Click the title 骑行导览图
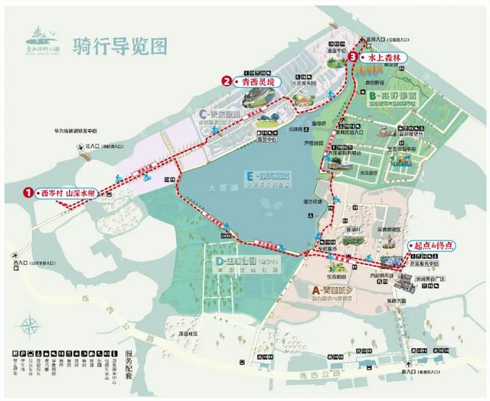tap(118, 45)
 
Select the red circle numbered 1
tap(28, 194)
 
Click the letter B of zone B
tap(373, 96)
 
